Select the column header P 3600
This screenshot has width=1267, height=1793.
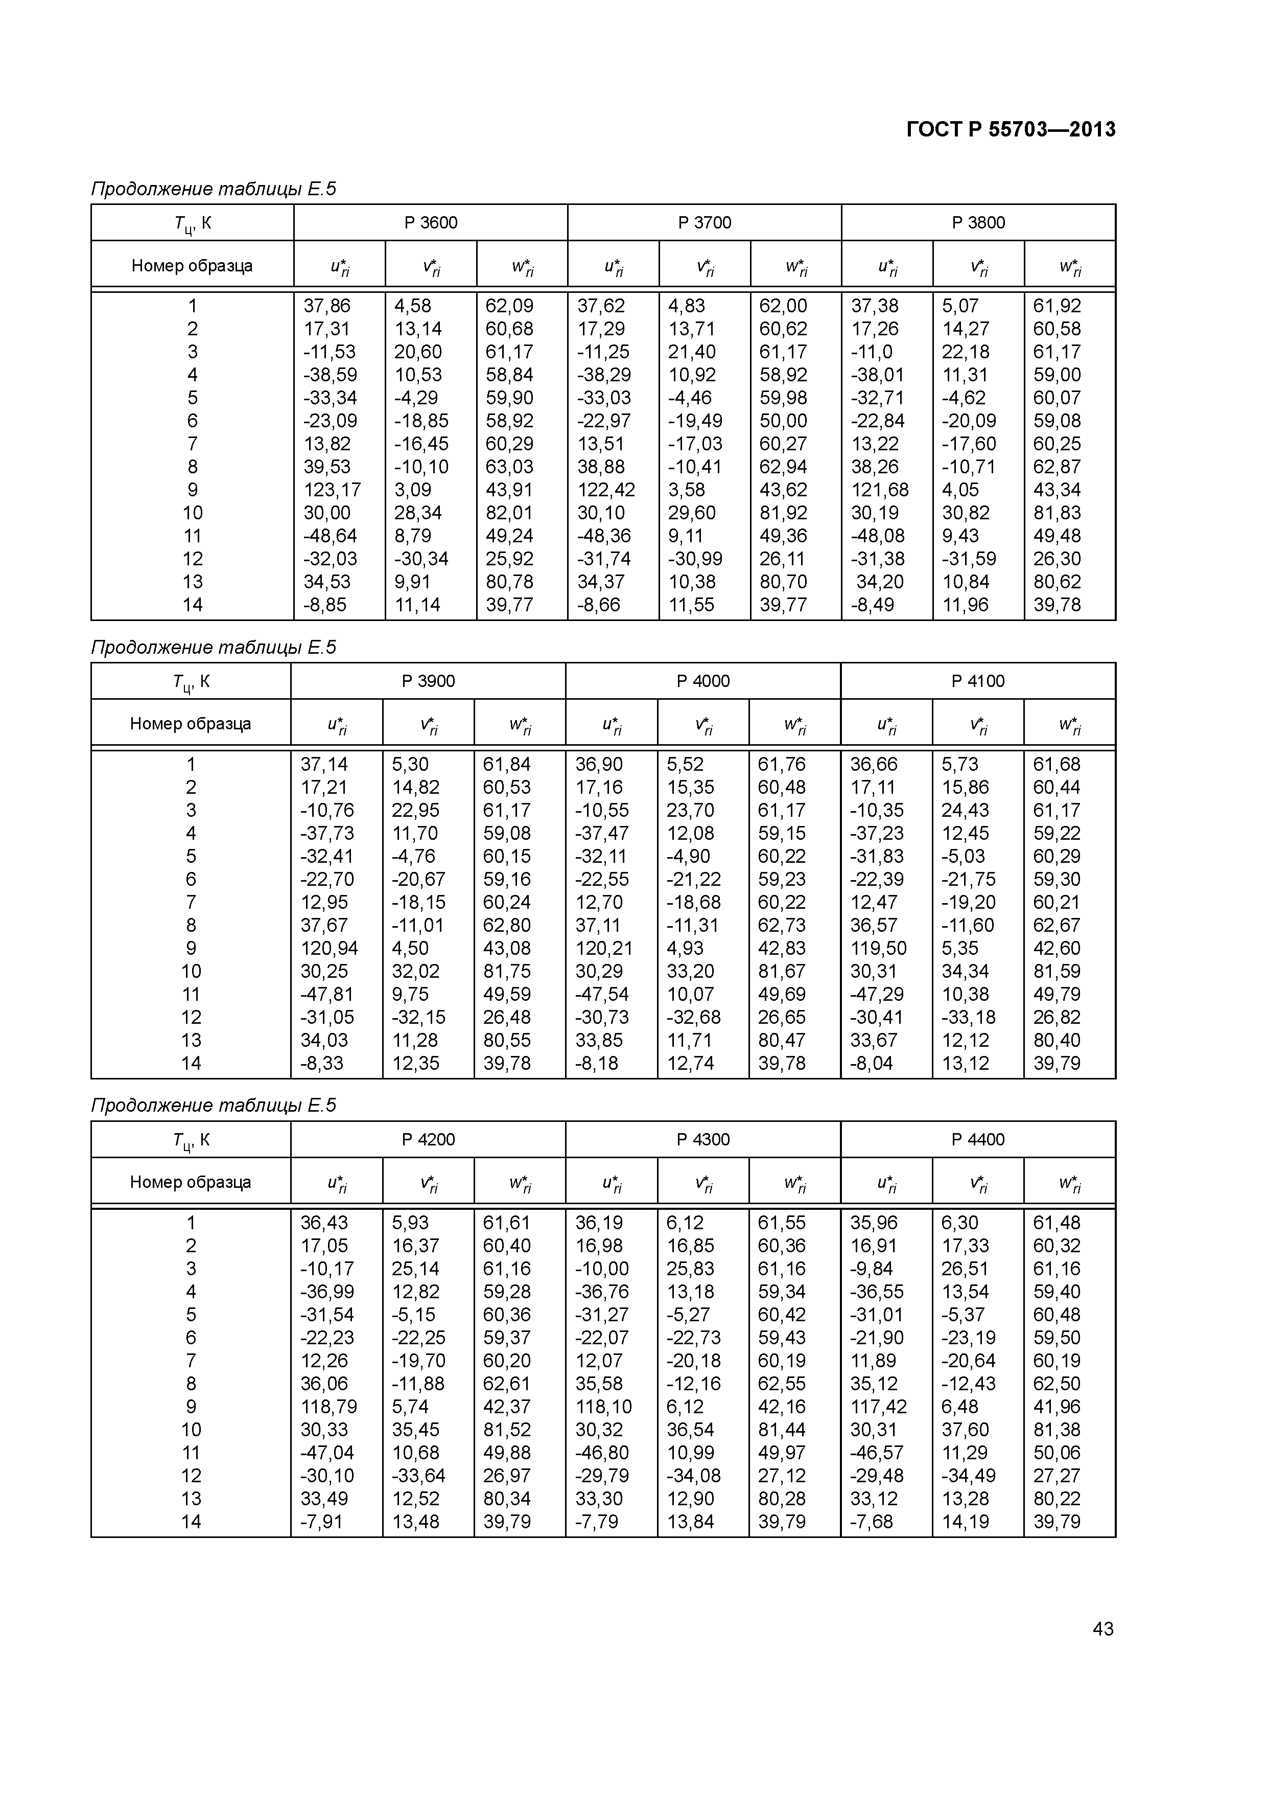click(x=430, y=222)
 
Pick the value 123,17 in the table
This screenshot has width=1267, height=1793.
click(x=332, y=490)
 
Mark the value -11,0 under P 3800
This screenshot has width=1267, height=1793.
click(x=871, y=352)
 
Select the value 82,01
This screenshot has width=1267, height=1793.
click(x=509, y=513)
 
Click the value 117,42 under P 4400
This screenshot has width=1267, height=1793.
click(x=878, y=1407)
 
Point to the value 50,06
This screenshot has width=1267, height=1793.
click(x=1056, y=1453)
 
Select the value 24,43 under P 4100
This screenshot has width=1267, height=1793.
click(x=966, y=811)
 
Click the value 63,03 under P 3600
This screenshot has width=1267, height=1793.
click(x=509, y=467)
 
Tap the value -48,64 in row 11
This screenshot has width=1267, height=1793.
click(x=330, y=536)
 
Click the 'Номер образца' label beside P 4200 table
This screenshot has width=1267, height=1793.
click(x=191, y=1182)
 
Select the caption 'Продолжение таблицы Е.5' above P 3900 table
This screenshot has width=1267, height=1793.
click(x=213, y=648)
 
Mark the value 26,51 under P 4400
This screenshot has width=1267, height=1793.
click(x=966, y=1269)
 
